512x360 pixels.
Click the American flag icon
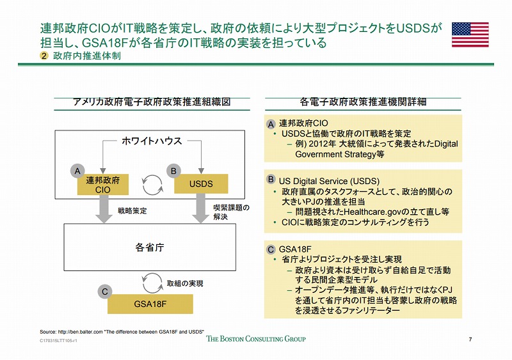click(x=470, y=35)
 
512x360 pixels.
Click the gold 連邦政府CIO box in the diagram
click(x=103, y=184)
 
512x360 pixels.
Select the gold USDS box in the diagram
click(x=201, y=184)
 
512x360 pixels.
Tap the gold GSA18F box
click(x=150, y=304)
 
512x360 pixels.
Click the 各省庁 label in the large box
click(x=150, y=247)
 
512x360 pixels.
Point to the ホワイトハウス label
click(x=152, y=141)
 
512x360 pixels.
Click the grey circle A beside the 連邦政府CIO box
click(x=77, y=171)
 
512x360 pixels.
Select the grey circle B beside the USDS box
click(x=173, y=171)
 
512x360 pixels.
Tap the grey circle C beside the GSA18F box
click(x=105, y=292)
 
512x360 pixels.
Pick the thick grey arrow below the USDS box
click(x=200, y=208)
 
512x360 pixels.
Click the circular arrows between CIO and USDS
click(x=152, y=185)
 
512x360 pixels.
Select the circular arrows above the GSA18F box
click(x=152, y=283)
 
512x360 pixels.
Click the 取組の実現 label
click(x=185, y=284)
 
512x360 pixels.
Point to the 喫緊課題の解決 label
click(x=231, y=212)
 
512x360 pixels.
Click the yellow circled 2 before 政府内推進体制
click(x=44, y=56)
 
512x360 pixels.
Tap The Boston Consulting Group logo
click(x=256, y=339)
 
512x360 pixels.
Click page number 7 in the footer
click(x=470, y=340)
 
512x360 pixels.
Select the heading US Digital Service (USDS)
click(x=329, y=181)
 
